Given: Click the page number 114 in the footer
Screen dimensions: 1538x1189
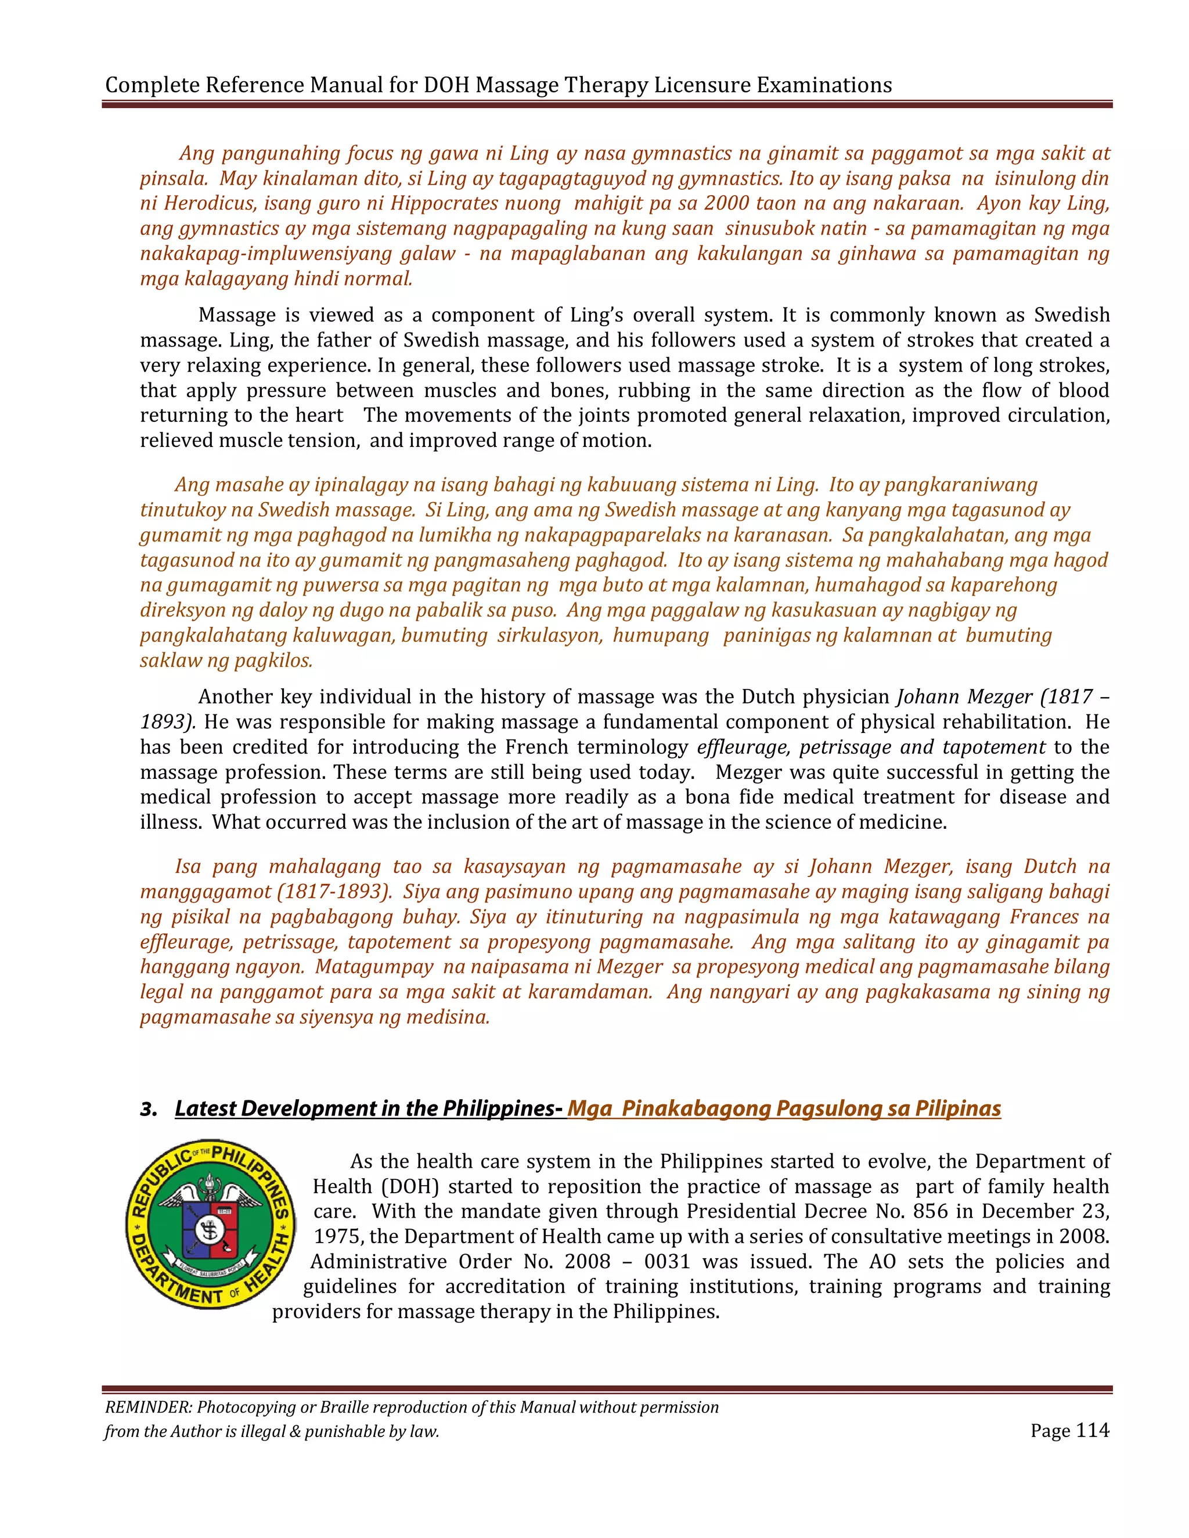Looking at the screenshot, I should [1093, 1430].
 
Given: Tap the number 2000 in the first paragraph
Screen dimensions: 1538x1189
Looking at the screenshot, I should [726, 204].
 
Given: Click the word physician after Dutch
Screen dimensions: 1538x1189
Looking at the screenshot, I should [851, 697].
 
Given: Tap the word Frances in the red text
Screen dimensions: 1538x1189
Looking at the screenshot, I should [1044, 917].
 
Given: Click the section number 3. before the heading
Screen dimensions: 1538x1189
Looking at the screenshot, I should [148, 1109].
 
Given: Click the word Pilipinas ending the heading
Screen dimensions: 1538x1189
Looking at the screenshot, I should [958, 1109].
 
